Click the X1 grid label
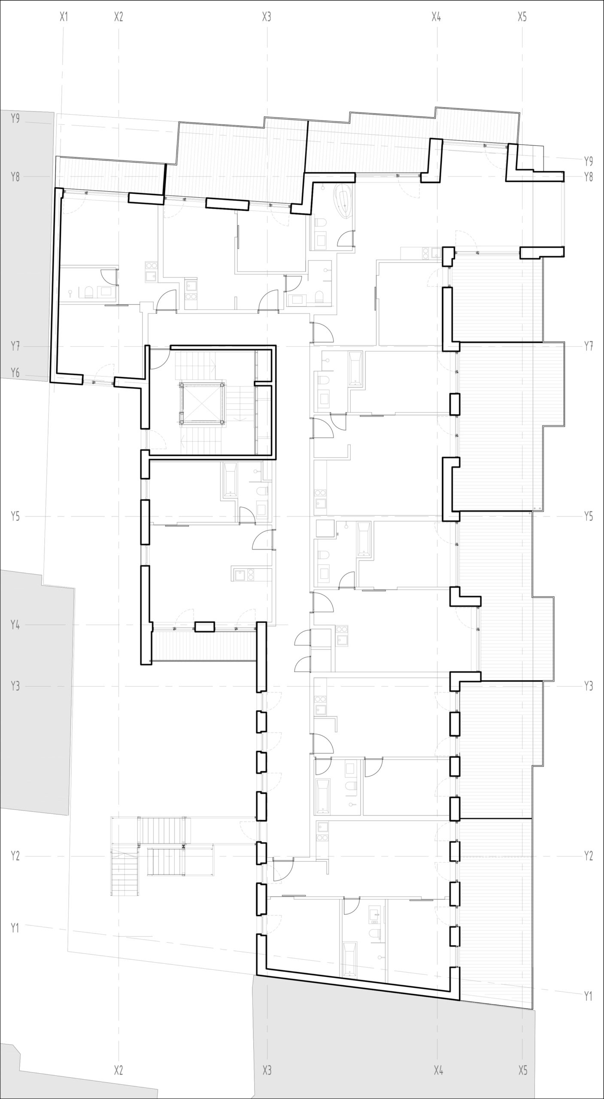click(x=64, y=17)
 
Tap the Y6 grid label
click(x=15, y=373)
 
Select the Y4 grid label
click(x=15, y=625)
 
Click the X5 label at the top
click(x=522, y=17)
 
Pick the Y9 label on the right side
click(x=589, y=161)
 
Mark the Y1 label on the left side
click(x=15, y=928)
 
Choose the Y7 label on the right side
click(x=589, y=346)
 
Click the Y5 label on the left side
click(x=15, y=516)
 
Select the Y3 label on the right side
click(x=589, y=686)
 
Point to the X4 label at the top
click(x=437, y=17)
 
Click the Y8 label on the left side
click(x=15, y=177)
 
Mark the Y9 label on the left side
click(x=15, y=118)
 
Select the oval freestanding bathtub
click(x=345, y=200)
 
